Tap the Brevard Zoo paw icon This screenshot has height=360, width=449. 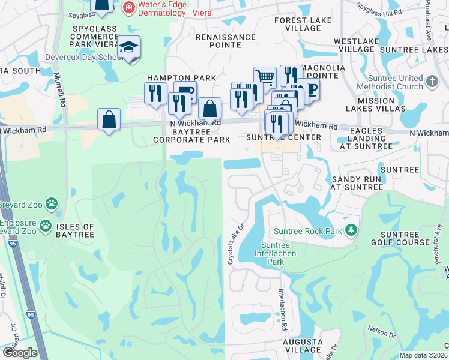tap(52, 204)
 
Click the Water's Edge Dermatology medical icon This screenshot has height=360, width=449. tap(128, 7)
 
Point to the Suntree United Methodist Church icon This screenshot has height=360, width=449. tap(432, 80)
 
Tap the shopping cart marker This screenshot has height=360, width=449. tap(265, 76)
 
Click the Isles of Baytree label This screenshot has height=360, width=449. tap(75, 231)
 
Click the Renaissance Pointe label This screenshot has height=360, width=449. tap(226, 41)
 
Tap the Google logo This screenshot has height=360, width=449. tap(20, 353)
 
